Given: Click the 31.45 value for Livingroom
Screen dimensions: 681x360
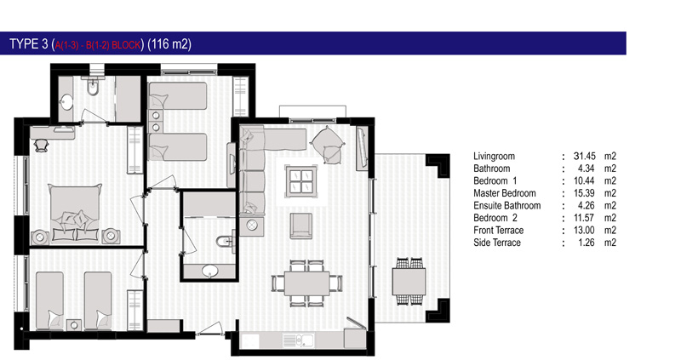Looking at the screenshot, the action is click(584, 156).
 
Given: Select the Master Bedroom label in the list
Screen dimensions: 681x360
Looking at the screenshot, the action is click(504, 193).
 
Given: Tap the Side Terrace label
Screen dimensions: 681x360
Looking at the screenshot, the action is click(497, 243).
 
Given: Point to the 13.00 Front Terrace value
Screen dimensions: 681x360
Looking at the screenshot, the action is click(584, 230).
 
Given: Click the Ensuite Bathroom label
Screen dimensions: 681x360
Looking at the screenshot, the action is click(506, 205).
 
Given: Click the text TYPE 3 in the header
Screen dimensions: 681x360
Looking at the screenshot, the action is click(29, 44).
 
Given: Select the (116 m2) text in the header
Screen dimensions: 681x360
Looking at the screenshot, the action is click(169, 44).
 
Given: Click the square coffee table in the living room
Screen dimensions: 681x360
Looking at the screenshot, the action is click(301, 181).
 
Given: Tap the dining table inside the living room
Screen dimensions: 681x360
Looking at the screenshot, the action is click(306, 283).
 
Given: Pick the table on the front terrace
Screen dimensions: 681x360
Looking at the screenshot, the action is click(409, 282).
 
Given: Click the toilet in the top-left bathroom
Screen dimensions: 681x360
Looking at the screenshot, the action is click(92, 87).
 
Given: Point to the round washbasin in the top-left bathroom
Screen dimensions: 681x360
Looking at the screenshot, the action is click(66, 102).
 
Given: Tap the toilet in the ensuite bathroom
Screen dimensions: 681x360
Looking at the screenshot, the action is click(225, 240).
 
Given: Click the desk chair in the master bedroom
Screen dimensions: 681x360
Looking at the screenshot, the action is click(41, 145).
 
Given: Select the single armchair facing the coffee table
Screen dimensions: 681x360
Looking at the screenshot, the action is click(301, 226).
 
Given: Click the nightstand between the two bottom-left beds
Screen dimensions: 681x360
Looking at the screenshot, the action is click(74, 325).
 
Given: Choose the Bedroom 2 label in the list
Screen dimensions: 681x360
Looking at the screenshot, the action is click(495, 218).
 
